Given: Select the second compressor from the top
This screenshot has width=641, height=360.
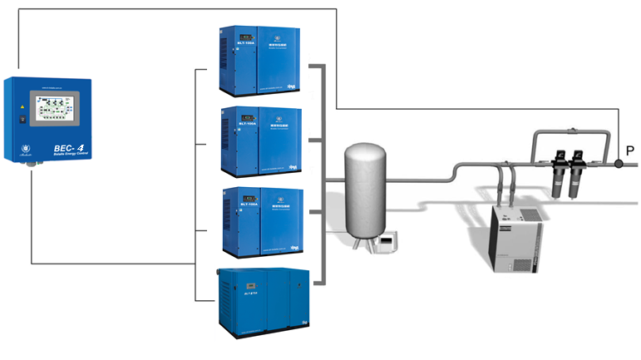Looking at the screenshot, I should point(261,139).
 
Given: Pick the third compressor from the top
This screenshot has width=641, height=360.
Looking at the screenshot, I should point(261,220).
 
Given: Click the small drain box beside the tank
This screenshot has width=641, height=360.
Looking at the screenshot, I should point(387,243).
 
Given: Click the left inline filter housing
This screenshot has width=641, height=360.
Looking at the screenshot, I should point(557,171).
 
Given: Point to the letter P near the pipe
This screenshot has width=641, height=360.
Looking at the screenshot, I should point(630,151).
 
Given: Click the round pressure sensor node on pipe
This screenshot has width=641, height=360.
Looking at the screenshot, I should point(619,165).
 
